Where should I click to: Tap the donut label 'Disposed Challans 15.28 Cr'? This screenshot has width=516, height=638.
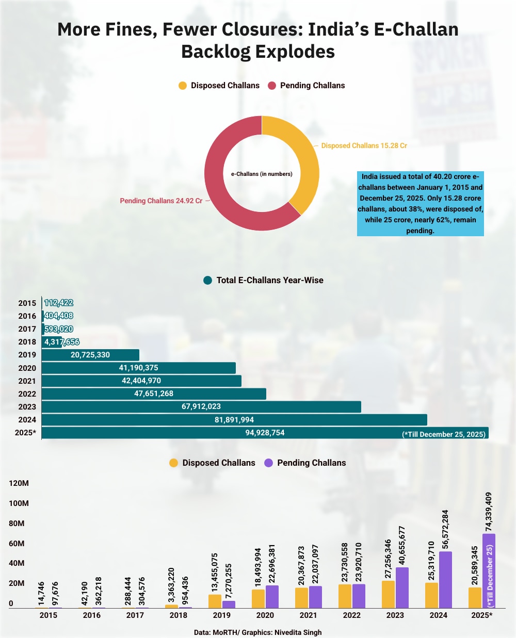click(364, 146)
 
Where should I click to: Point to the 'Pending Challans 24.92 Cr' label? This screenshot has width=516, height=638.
click(161, 201)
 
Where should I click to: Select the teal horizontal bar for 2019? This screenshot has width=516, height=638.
click(90, 355)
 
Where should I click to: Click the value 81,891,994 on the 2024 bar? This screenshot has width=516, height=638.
click(234, 420)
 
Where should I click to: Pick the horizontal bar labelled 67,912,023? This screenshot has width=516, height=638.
click(201, 406)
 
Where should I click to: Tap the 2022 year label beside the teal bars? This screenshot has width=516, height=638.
click(27, 394)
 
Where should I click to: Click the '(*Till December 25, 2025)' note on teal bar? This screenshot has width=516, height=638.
click(444, 434)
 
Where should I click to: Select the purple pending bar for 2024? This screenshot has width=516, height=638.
click(445, 580)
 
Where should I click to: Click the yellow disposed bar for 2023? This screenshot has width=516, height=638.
click(388, 594)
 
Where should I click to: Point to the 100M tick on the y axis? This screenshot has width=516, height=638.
click(19, 503)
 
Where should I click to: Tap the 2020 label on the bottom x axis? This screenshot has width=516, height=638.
click(265, 615)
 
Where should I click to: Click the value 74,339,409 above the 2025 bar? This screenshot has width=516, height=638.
click(489, 511)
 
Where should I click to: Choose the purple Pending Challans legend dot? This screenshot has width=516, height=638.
click(268, 463)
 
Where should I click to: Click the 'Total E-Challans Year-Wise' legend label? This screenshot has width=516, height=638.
click(270, 281)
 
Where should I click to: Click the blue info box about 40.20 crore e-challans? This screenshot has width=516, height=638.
click(420, 203)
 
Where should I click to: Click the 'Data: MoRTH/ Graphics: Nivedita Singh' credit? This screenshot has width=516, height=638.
click(258, 632)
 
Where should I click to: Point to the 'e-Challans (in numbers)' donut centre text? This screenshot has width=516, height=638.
click(262, 174)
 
